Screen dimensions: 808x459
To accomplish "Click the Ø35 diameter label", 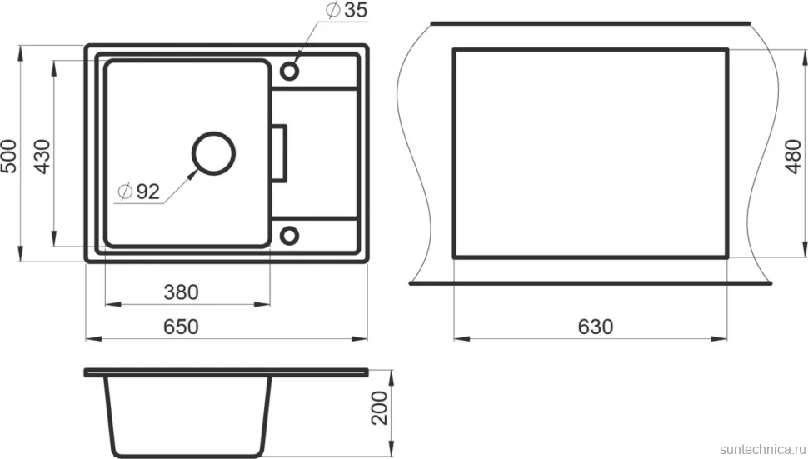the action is [347, 10].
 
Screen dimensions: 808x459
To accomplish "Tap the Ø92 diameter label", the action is [138, 192].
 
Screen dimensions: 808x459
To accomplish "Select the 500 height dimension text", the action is [9, 156].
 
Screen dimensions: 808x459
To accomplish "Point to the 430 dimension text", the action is [42, 156].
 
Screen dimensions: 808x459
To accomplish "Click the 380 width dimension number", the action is [181, 292].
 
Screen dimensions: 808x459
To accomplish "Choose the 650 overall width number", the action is [181, 327].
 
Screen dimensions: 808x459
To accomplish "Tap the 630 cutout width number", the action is [596, 327].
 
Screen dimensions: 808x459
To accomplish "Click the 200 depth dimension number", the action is [380, 408].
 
